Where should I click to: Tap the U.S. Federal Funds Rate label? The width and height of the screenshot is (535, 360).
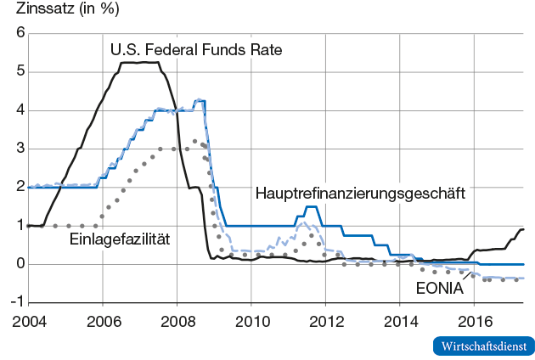[196, 50]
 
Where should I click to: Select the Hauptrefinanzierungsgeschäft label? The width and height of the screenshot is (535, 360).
[360, 194]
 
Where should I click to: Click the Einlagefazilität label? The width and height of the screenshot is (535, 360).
[120, 239]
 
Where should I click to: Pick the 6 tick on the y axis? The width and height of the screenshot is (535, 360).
[18, 34]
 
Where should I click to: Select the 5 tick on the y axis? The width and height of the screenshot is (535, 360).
[18, 72]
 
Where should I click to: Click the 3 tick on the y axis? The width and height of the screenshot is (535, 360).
[18, 149]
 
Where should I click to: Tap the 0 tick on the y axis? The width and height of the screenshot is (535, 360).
[18, 264]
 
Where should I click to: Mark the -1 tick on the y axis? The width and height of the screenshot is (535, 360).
[15, 302]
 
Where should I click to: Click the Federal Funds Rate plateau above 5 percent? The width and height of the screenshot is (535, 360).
[140, 62]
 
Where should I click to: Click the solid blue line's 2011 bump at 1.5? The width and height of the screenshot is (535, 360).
[311, 206]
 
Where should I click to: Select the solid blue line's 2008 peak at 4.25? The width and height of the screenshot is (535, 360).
[200, 100]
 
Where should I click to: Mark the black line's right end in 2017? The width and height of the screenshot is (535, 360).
[523, 229]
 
